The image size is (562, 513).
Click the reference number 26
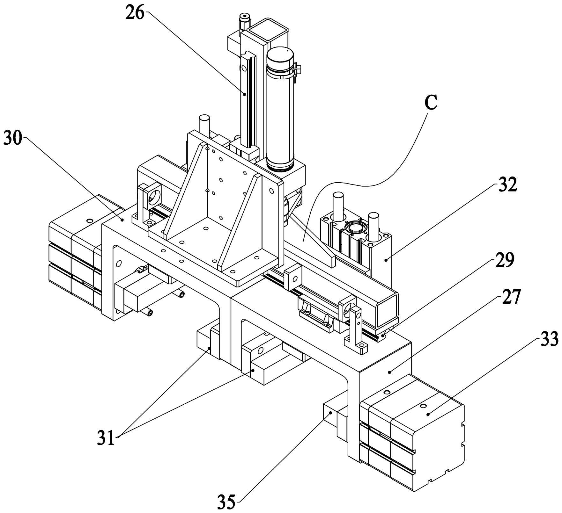click(135, 13)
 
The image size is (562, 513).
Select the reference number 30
click(13, 138)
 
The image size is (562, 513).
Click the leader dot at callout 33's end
click(429, 414)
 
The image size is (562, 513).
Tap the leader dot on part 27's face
click(390, 372)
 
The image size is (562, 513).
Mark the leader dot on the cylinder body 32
click(386, 260)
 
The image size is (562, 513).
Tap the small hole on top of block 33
click(423, 406)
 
